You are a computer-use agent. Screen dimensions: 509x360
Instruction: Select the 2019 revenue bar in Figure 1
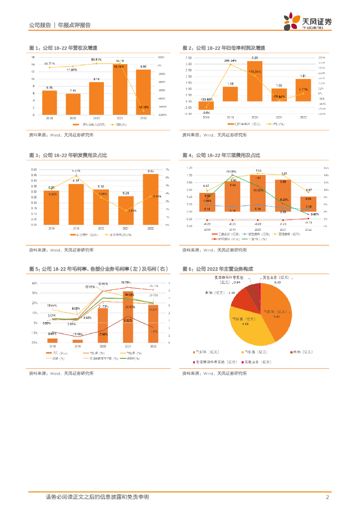[73, 104]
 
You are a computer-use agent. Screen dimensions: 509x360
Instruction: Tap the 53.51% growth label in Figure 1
[96, 60]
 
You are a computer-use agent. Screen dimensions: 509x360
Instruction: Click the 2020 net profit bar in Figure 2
[255, 81]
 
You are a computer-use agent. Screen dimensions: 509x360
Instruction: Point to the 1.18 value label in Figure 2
[230, 84]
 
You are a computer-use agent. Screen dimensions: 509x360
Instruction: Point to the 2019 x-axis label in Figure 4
[231, 230]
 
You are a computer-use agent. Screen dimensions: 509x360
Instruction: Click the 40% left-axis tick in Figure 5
[35, 283]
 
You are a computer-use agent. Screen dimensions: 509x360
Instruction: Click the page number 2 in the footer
[327, 497]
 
